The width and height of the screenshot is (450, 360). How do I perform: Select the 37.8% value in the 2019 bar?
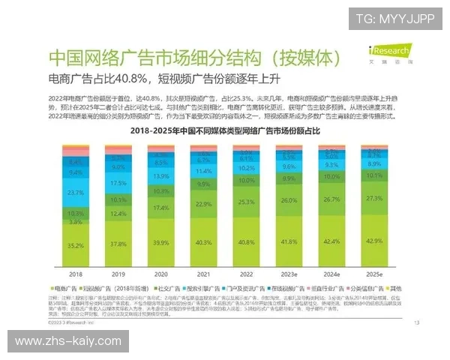[x=117, y=244]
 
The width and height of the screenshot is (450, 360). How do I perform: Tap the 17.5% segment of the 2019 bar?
[x=117, y=183]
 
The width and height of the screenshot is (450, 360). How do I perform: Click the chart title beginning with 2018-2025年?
[x=225, y=130]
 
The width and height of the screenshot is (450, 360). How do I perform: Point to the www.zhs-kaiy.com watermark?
[x=68, y=341]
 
